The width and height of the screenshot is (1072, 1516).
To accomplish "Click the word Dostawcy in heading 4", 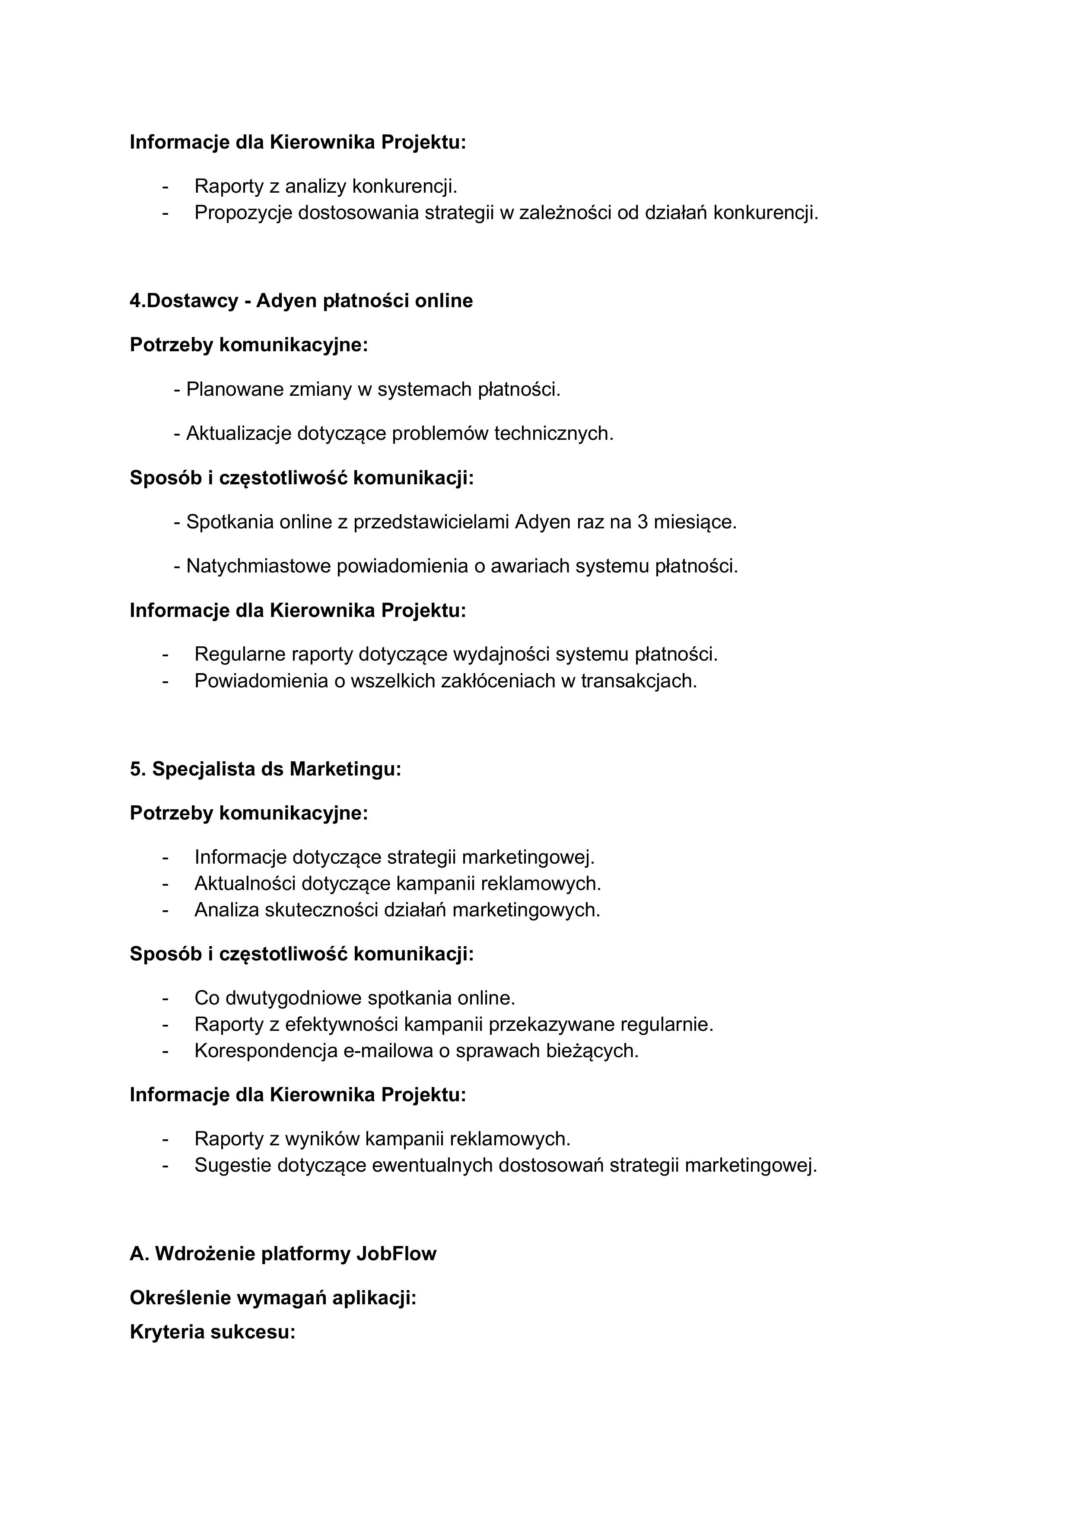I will tap(191, 301).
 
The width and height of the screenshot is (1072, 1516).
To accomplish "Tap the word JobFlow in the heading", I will tap(396, 1254).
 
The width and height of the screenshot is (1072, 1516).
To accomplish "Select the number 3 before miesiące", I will tap(643, 522).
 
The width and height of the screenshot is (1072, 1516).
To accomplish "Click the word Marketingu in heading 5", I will tap(345, 769).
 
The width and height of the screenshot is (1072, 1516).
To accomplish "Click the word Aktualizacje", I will tap(239, 434).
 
